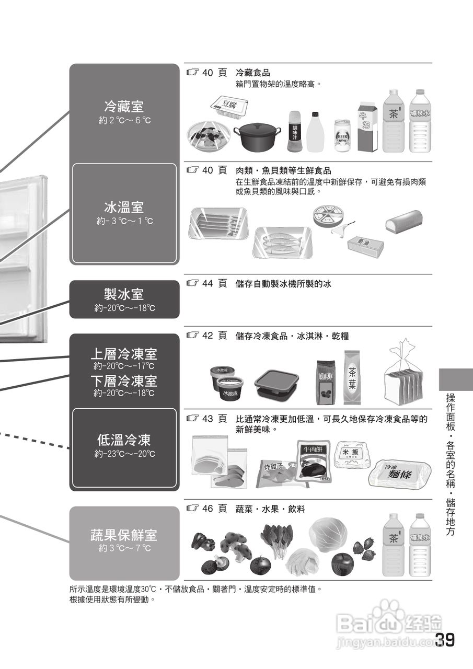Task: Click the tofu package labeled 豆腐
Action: [x=229, y=106]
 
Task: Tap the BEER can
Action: [x=342, y=136]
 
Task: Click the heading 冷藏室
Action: [x=124, y=107]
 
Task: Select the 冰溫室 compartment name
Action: [x=124, y=207]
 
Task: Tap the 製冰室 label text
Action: [x=124, y=294]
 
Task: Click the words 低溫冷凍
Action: [x=124, y=440]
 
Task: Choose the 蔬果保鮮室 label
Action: [x=124, y=535]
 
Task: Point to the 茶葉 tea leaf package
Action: [x=352, y=378]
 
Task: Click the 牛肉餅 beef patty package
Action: [x=315, y=460]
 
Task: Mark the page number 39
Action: [x=444, y=640]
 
